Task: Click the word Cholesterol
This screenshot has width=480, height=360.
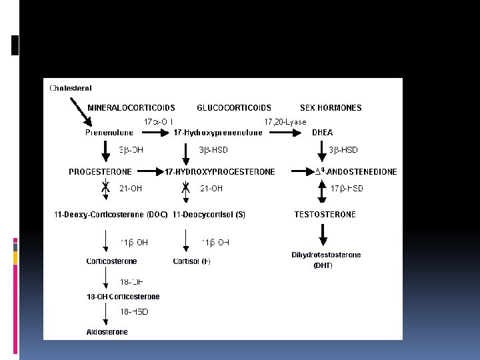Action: coord(70,87)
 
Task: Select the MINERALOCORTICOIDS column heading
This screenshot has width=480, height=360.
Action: coord(131,107)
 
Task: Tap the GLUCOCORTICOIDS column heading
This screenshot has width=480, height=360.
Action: coord(234,107)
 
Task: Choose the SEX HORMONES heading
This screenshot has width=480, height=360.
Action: coord(331,107)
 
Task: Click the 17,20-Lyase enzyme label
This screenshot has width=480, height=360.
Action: coord(285,122)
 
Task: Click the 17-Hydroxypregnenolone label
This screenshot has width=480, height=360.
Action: coord(217,132)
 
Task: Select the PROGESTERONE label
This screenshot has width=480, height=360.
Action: coord(100,171)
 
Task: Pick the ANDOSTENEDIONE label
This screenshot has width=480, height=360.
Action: coord(360,171)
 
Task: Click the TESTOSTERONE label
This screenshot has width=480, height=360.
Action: coord(325,214)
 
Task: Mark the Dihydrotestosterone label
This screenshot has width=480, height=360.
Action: coord(326,255)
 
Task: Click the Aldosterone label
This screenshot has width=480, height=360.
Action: coord(107,332)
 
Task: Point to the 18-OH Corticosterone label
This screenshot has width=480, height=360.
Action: coord(123,297)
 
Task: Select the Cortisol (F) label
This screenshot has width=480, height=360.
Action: coord(191,261)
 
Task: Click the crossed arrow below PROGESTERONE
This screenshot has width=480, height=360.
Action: coord(105,189)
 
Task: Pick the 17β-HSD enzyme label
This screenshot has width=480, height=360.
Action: coord(347,189)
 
